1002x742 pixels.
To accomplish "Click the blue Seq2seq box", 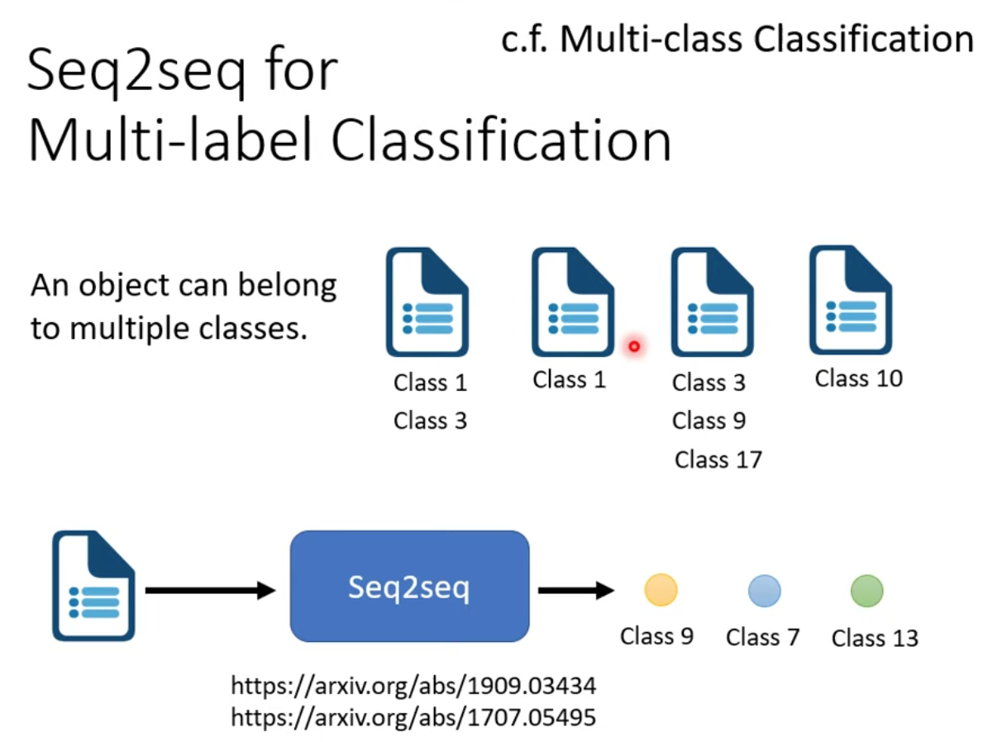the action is (409, 586).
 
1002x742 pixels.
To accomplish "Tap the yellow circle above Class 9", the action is (661, 589).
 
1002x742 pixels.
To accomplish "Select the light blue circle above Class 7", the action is (764, 590).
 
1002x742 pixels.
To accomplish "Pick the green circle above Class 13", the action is (866, 590).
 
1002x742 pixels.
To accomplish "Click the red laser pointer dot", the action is (634, 346).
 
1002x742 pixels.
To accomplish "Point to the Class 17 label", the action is (718, 459).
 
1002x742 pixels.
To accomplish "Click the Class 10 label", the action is (858, 378).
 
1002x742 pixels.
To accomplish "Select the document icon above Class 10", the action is (850, 300).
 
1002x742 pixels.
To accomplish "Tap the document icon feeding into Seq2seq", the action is (93, 586).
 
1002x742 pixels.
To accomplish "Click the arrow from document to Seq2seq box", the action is (210, 590).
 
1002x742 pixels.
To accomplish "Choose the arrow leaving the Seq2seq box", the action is (576, 590).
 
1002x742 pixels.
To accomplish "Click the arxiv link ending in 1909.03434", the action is (413, 686).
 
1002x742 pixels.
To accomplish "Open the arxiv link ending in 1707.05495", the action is (413, 717).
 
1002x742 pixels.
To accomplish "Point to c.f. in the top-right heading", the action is (524, 40).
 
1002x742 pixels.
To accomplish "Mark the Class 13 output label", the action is (875, 638).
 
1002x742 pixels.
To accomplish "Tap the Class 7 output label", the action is (762, 637).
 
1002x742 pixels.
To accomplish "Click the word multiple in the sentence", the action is (129, 329).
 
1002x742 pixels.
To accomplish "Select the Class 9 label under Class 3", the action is (709, 421).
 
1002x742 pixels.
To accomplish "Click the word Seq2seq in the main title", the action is (136, 71).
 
